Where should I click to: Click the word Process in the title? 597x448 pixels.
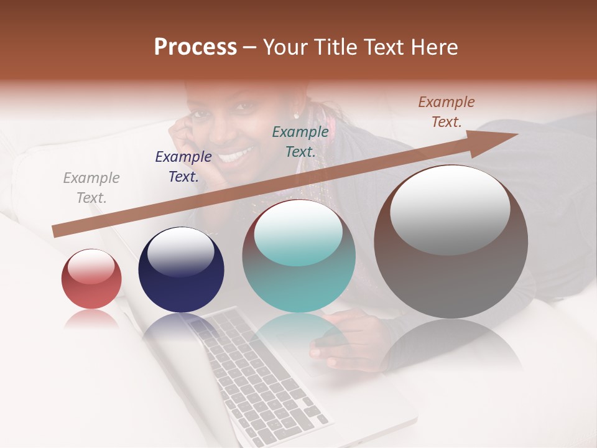pos(195,47)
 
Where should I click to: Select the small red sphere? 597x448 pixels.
pos(91,279)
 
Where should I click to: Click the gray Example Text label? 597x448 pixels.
pos(91,188)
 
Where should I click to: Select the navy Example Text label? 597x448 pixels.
pos(183,167)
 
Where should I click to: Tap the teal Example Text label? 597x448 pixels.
pos(300,141)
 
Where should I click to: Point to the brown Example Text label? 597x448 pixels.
pos(446,112)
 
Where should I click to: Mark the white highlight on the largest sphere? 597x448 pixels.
pos(450,208)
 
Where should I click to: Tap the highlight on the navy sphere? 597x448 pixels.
pos(181,251)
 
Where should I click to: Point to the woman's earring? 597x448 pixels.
pos(296,115)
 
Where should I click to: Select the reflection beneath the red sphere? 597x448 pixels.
pos(91,319)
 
